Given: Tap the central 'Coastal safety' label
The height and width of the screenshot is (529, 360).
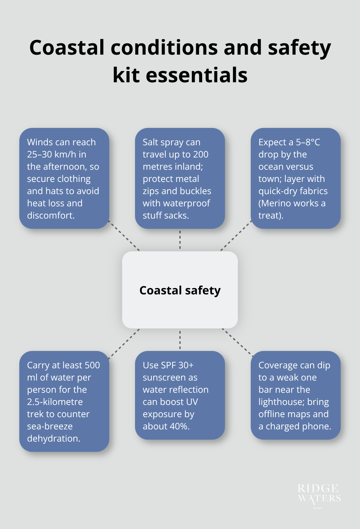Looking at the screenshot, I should click(x=180, y=290).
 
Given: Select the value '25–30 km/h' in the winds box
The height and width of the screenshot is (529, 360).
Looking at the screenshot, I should click(x=57, y=154).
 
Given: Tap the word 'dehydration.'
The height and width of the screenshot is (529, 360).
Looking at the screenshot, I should click(x=54, y=438).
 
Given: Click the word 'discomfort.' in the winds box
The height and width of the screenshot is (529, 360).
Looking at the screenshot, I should click(x=51, y=215).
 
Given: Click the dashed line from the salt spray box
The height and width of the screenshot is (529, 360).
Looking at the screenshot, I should click(x=180, y=240).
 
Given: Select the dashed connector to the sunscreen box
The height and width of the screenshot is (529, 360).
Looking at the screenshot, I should click(x=180, y=340).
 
